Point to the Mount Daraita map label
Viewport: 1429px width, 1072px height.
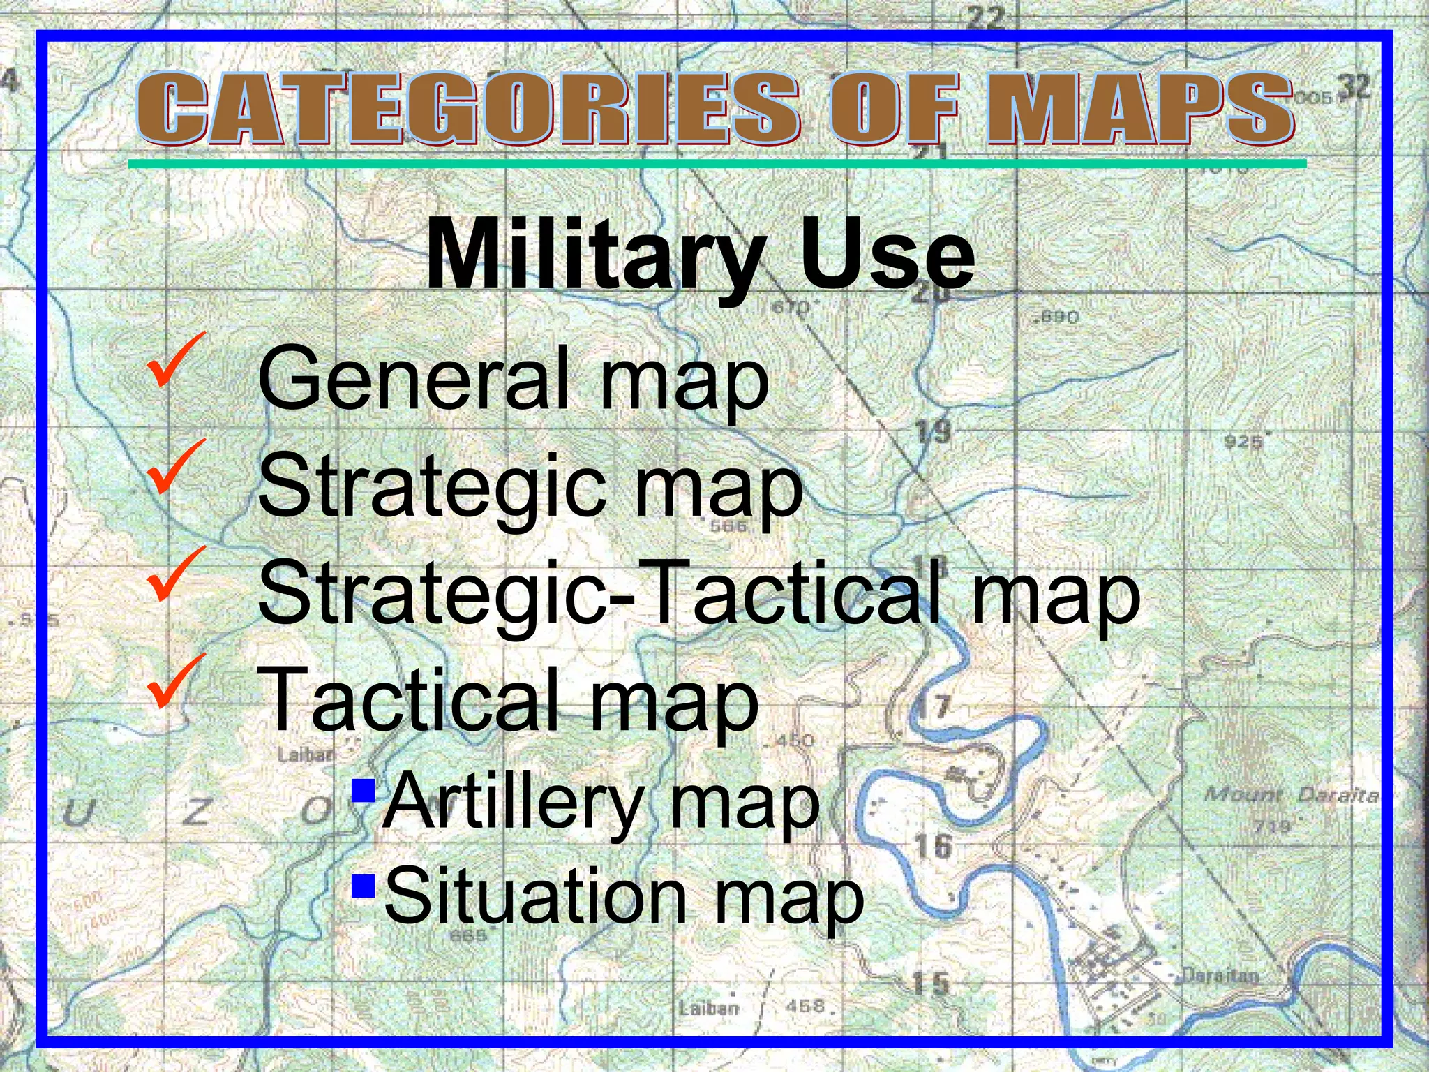coord(1291,795)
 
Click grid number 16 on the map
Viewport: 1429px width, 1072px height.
coord(933,847)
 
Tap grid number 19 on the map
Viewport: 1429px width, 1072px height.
coord(933,432)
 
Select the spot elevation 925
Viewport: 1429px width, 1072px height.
coord(1243,442)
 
